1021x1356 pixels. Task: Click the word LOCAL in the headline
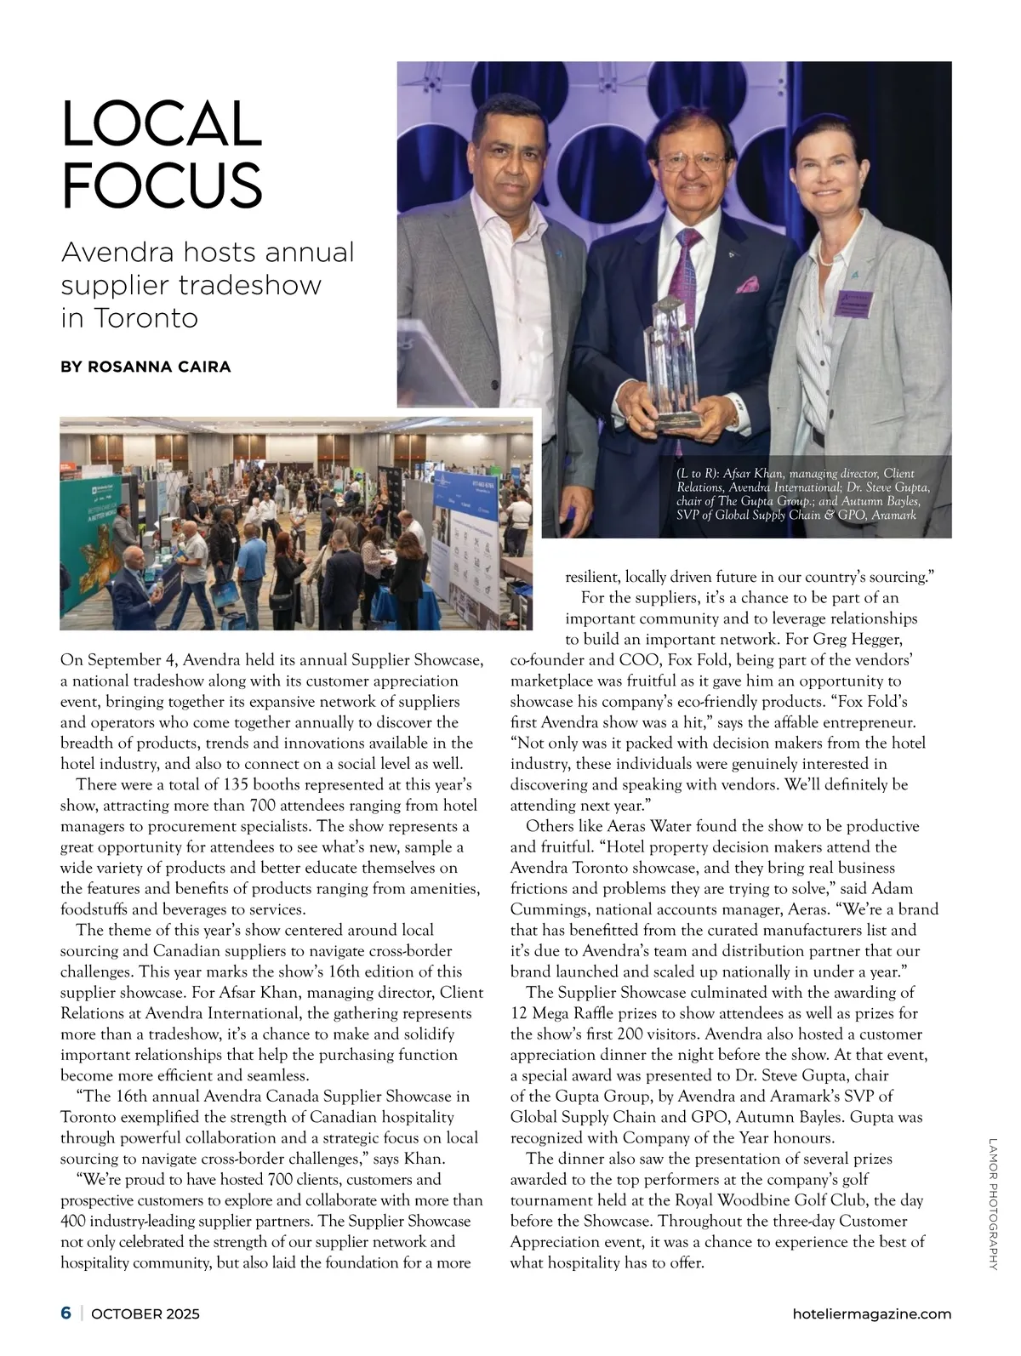pyautogui.click(x=162, y=123)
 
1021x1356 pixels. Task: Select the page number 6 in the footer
pyautogui.click(x=66, y=1313)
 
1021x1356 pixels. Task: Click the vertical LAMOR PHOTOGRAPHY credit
pyautogui.click(x=992, y=1203)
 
